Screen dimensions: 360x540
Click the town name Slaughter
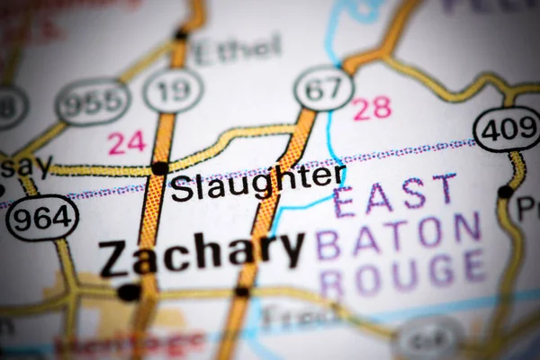[x=257, y=184]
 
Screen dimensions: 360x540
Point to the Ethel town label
[x=237, y=50]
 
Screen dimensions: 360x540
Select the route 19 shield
[x=173, y=90]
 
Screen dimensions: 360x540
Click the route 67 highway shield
[x=323, y=88]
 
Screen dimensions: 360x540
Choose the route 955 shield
[x=93, y=101]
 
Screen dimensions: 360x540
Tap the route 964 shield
[x=41, y=218]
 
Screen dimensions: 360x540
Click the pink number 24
[x=127, y=142]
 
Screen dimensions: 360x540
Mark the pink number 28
[x=372, y=108]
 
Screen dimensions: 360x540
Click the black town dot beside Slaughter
[x=159, y=168]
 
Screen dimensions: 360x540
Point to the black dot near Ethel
[x=181, y=36]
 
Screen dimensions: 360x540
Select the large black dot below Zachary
[x=129, y=292]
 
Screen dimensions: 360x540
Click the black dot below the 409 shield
[x=506, y=192]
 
